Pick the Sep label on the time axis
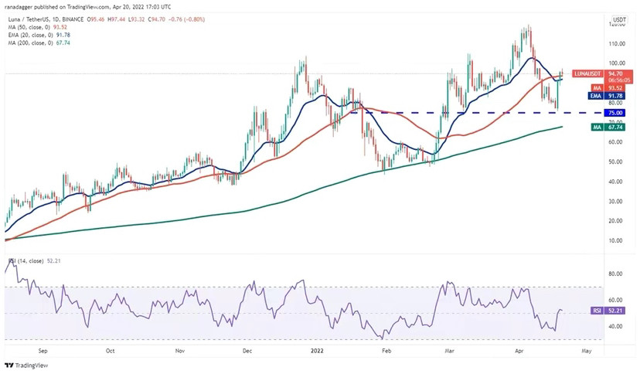click(43, 350)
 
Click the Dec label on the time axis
click(247, 350)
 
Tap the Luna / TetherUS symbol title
click(28, 20)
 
